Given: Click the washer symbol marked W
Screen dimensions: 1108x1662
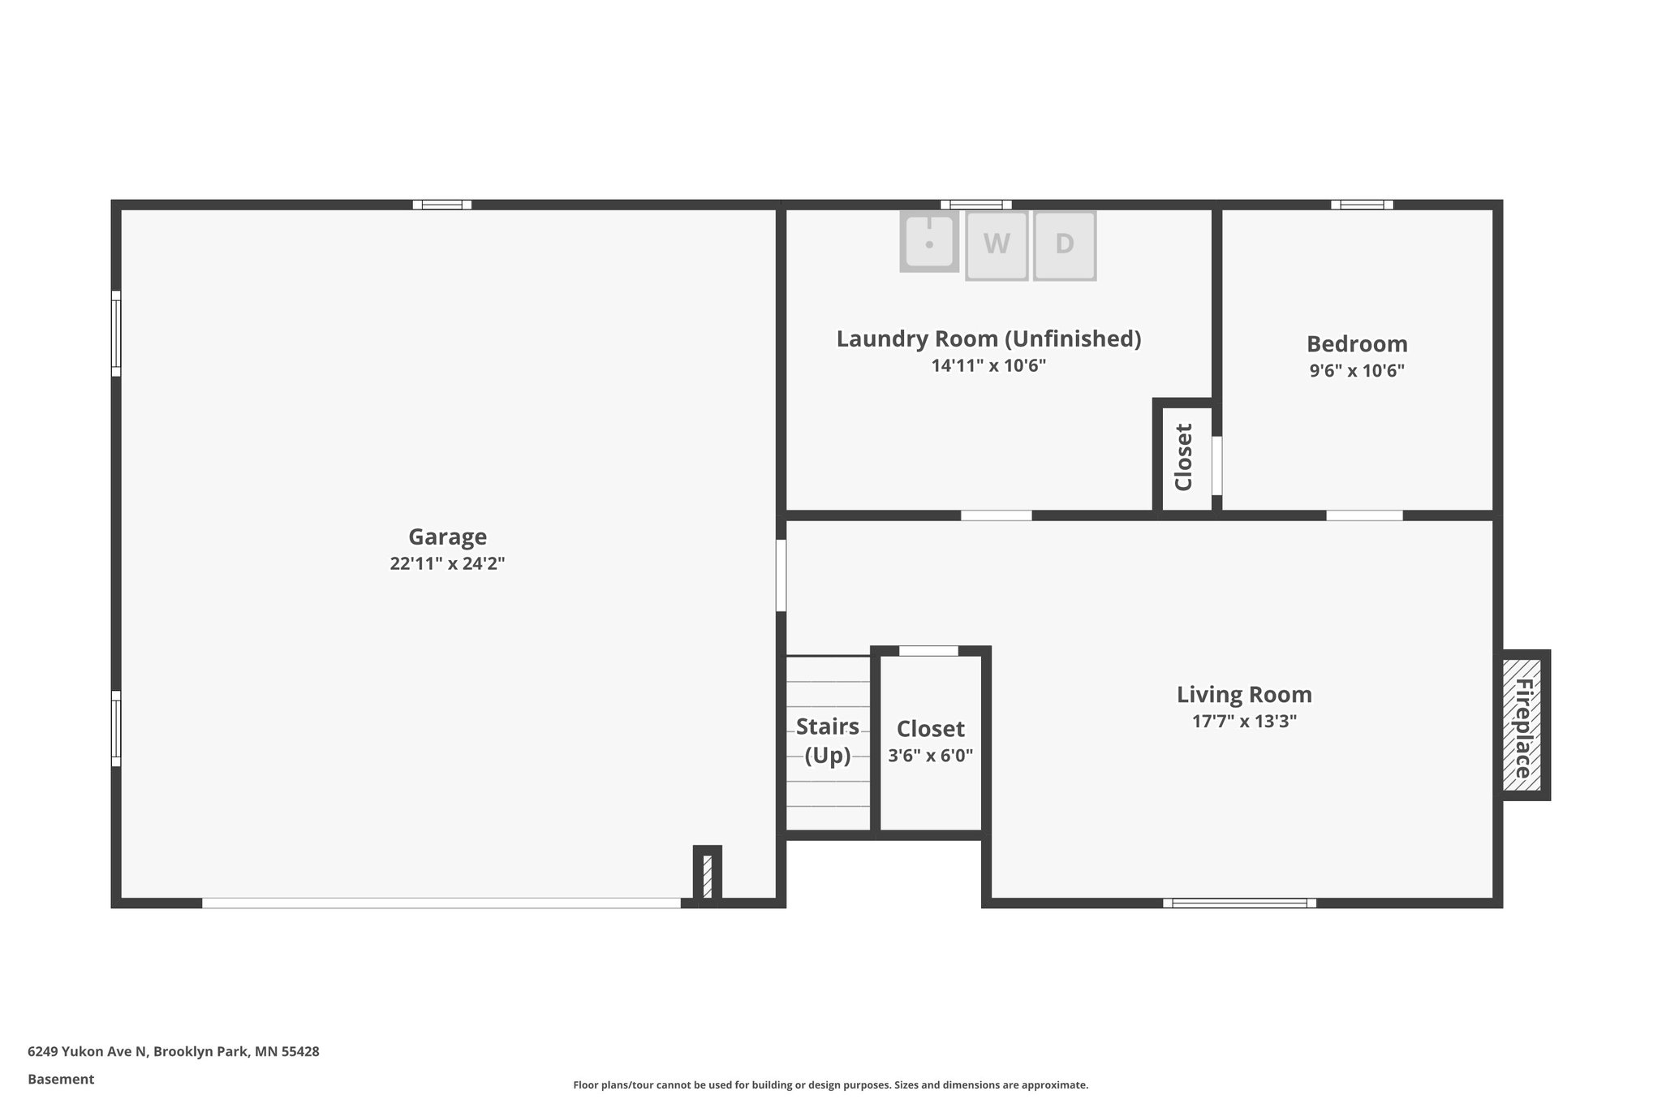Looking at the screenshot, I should [x=997, y=245].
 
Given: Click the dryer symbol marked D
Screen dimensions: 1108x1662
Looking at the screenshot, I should [x=1064, y=245].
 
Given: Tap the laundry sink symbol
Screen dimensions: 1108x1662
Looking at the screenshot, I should [x=929, y=242].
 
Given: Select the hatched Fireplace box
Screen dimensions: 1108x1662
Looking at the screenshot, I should [x=1522, y=725].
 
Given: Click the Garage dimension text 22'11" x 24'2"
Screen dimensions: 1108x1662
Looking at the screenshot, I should [x=447, y=563].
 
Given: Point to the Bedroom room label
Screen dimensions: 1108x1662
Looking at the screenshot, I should [x=1356, y=344].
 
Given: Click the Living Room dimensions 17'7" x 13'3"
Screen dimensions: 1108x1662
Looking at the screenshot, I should [x=1243, y=722].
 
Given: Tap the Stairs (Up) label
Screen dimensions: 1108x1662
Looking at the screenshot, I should [x=827, y=740].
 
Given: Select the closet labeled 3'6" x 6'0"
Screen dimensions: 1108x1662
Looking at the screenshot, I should [x=930, y=742].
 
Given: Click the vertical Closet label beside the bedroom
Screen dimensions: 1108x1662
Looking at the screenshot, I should [x=1183, y=457].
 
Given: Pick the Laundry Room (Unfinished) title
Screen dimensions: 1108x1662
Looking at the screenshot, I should [x=988, y=338].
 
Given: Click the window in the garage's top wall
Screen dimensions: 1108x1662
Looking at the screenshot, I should [x=441, y=205].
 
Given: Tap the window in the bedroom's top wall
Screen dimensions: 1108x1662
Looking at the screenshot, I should [x=1362, y=205].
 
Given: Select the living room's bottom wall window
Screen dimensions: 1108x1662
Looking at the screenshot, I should [x=1239, y=903].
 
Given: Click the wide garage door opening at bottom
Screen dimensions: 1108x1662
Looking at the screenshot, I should [x=441, y=903].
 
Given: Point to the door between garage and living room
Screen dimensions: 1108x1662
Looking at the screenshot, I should [x=781, y=575].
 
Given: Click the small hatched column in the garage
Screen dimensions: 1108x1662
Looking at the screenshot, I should [x=707, y=875].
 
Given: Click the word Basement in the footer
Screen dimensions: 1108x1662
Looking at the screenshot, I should [x=61, y=1079].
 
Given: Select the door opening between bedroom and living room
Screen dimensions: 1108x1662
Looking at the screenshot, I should [x=1364, y=515].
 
